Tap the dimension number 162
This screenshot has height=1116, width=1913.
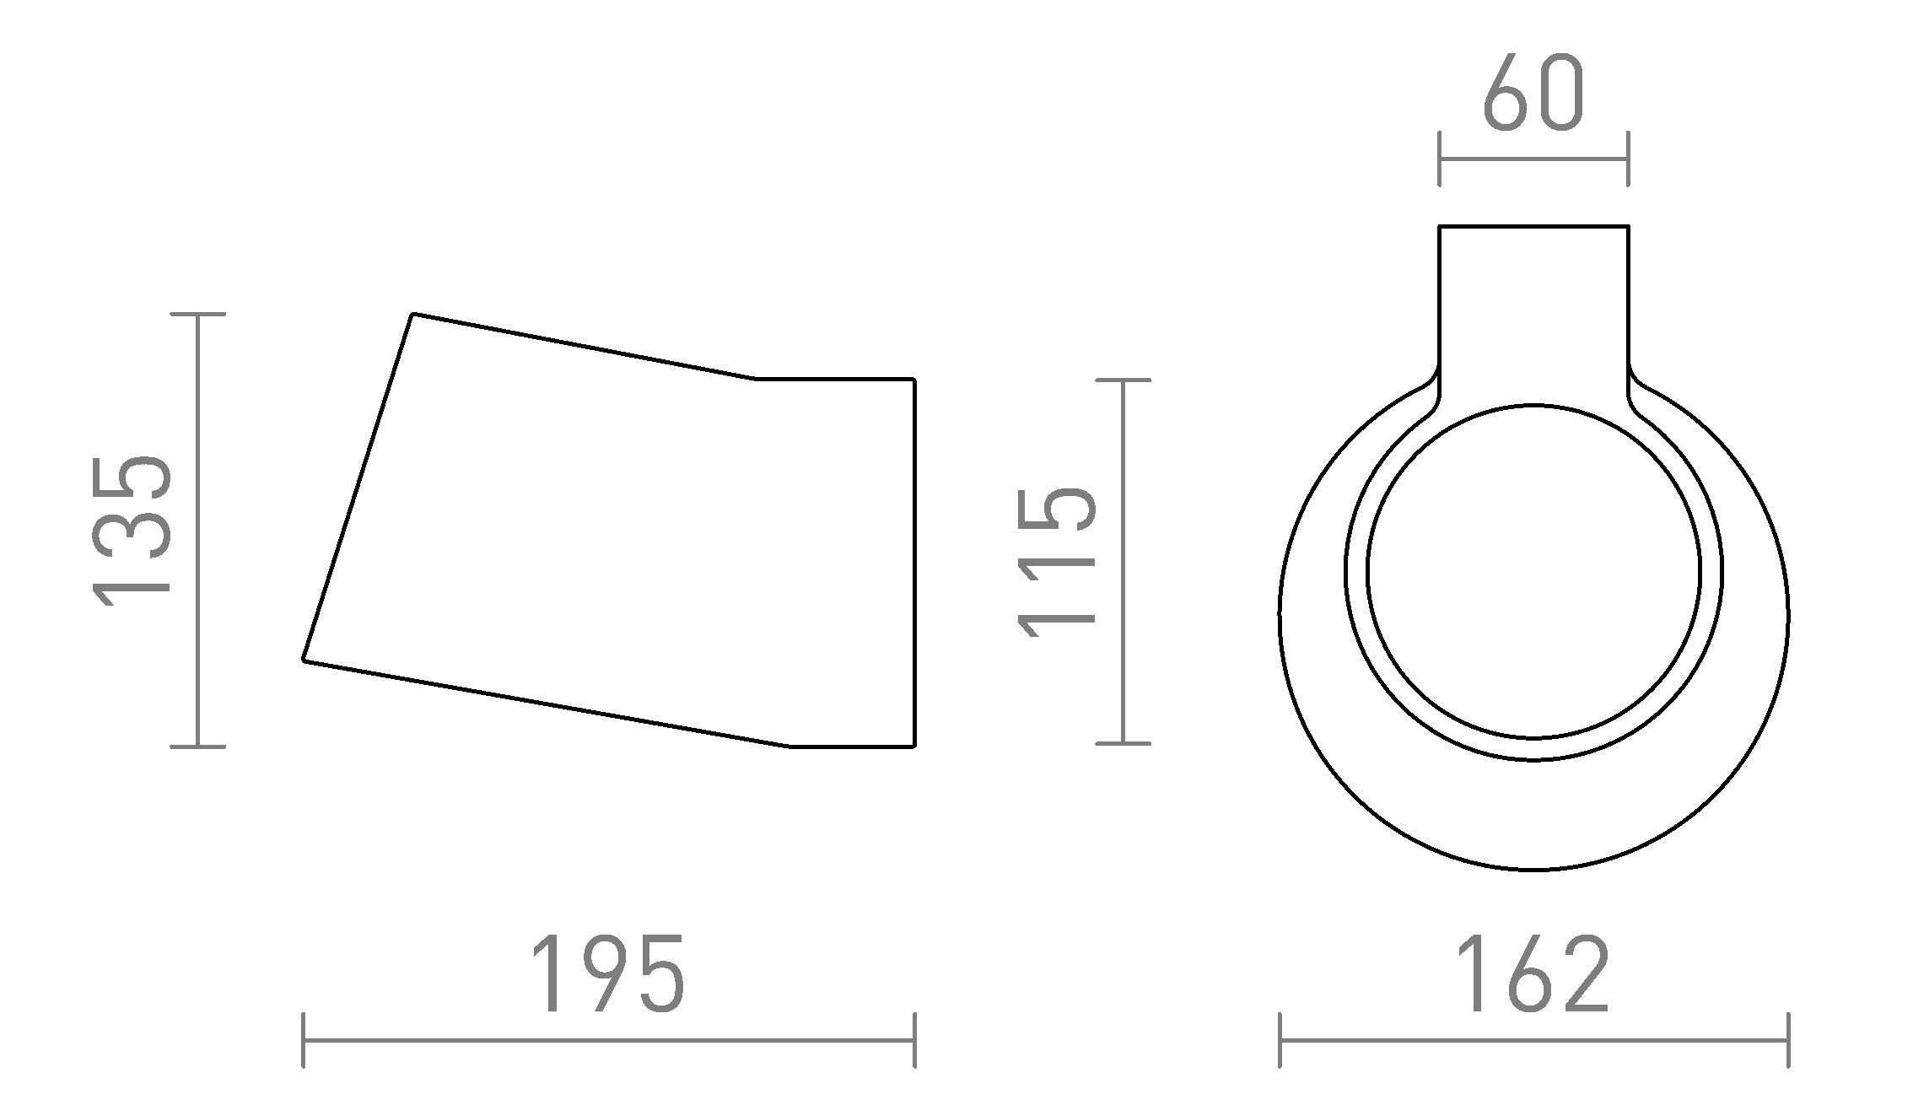[x=1533, y=974]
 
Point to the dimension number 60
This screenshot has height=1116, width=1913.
[x=1533, y=94]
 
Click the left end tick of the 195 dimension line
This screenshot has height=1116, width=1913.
[x=304, y=1040]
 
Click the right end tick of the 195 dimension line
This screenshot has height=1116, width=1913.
[x=914, y=1040]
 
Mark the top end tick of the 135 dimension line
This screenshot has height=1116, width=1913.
[x=197, y=314]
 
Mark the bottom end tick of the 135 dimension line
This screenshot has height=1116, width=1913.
[x=197, y=746]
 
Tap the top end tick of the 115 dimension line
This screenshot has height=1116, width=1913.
[x=1123, y=380]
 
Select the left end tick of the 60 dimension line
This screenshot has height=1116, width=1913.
[x=1440, y=159]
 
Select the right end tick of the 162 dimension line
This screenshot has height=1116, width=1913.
[x=1788, y=1040]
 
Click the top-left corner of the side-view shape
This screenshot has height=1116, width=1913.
[x=413, y=315]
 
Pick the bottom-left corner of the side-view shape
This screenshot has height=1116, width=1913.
[x=304, y=660]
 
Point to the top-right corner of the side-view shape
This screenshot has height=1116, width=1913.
[x=913, y=380]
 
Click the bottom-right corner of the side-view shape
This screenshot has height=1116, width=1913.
[x=913, y=746]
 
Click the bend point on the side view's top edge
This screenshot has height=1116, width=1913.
[x=755, y=380]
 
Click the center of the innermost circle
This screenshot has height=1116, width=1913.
[x=1533, y=570]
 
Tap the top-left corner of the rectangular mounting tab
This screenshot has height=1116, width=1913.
[x=1440, y=226]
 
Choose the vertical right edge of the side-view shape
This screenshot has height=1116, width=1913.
[x=914, y=563]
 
